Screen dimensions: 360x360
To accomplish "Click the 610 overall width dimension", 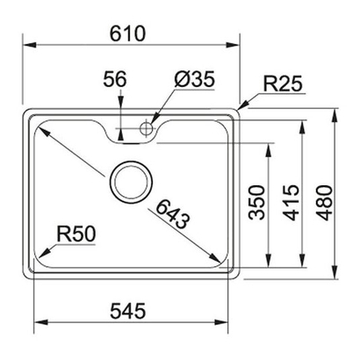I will pos(127,33).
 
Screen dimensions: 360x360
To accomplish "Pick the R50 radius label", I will pos(76,234).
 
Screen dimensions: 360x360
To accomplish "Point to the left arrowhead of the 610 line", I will pos(25,47).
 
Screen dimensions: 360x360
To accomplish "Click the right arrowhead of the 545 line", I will pos(232,325).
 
